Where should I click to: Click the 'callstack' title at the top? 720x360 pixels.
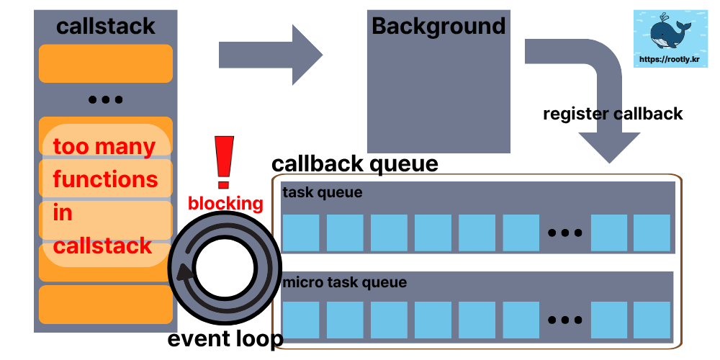[105, 27]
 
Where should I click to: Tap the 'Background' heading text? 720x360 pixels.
[438, 27]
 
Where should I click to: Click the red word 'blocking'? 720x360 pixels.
[225, 204]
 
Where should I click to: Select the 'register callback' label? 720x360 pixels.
[613, 114]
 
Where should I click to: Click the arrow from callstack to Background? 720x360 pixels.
[270, 53]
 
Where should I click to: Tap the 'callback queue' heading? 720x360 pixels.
[354, 163]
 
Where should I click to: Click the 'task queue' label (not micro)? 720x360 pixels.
[322, 193]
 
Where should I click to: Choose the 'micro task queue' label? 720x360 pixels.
[344, 282]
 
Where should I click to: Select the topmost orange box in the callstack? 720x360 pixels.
[105, 63]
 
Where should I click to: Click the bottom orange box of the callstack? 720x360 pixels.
[105, 305]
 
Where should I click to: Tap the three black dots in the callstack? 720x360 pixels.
[105, 100]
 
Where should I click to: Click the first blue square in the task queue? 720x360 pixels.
[300, 233]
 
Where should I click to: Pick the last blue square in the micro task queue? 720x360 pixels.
[652, 320]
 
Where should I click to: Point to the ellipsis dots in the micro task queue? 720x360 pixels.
[564, 320]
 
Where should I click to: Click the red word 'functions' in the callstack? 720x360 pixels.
[105, 179]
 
